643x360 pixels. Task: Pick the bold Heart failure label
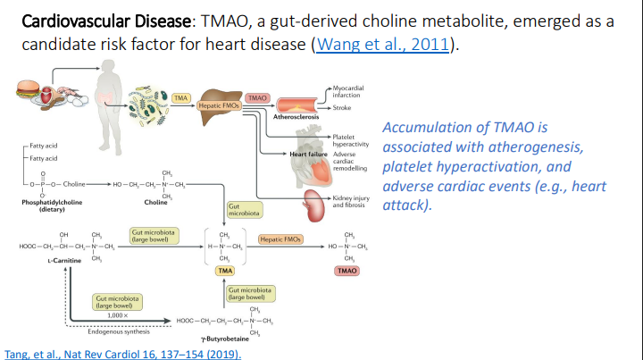coord(309,154)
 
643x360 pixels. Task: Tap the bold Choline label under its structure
coord(155,202)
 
